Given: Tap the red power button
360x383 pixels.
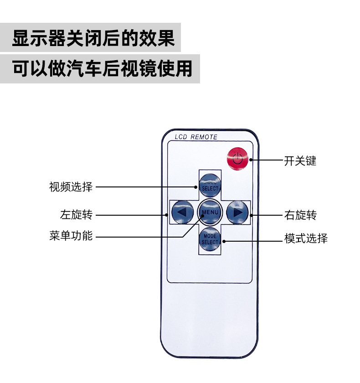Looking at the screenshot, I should tap(237, 159).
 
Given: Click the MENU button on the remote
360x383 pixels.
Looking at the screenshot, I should tap(210, 212).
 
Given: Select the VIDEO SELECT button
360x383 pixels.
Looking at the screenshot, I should tap(210, 185).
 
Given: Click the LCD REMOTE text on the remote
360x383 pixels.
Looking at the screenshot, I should tap(196, 137).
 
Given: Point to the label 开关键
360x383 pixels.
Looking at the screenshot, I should tap(300, 160).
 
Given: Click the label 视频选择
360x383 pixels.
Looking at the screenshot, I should tap(71, 187).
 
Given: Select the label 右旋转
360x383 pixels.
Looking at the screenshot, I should tap(300, 215).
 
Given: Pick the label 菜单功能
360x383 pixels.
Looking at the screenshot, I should tap(71, 236).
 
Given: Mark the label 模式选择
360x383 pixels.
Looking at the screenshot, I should tap(306, 238).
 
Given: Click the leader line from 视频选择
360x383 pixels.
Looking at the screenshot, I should tap(146, 187).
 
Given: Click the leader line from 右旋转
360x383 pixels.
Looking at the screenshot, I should tap(264, 215).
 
